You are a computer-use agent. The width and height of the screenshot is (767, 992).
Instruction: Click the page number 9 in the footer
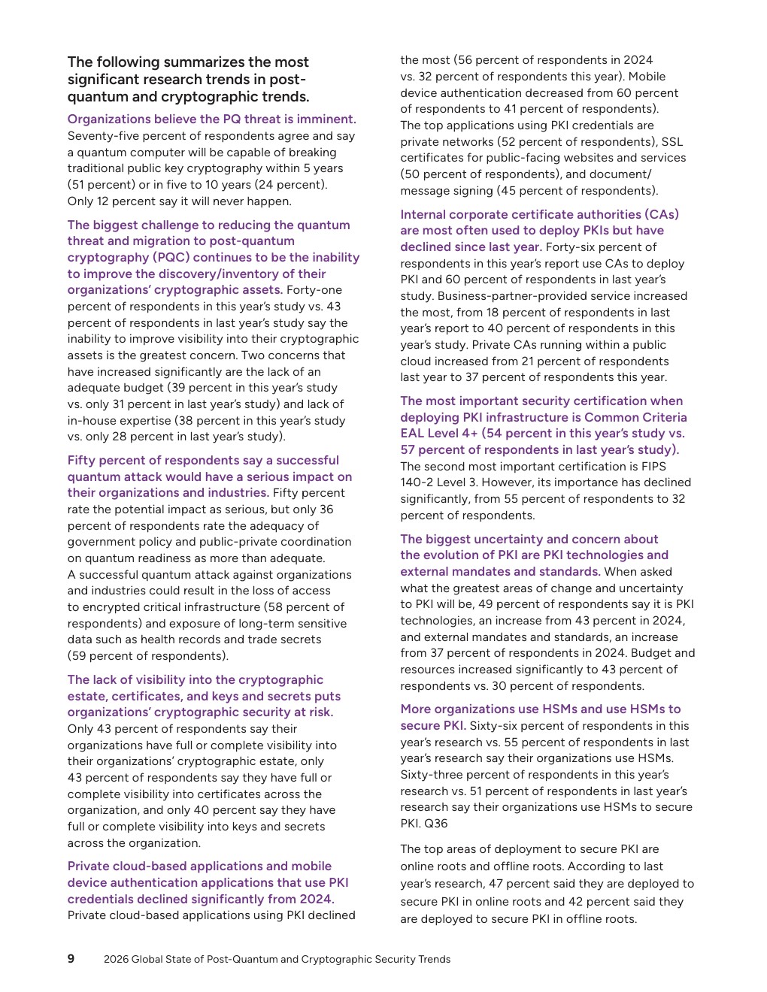71,958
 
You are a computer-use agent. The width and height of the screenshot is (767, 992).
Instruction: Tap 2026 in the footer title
116,959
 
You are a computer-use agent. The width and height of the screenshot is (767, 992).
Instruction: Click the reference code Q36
435,823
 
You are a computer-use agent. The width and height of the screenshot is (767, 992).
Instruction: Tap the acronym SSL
672,141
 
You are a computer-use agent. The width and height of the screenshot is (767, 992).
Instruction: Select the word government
102,542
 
